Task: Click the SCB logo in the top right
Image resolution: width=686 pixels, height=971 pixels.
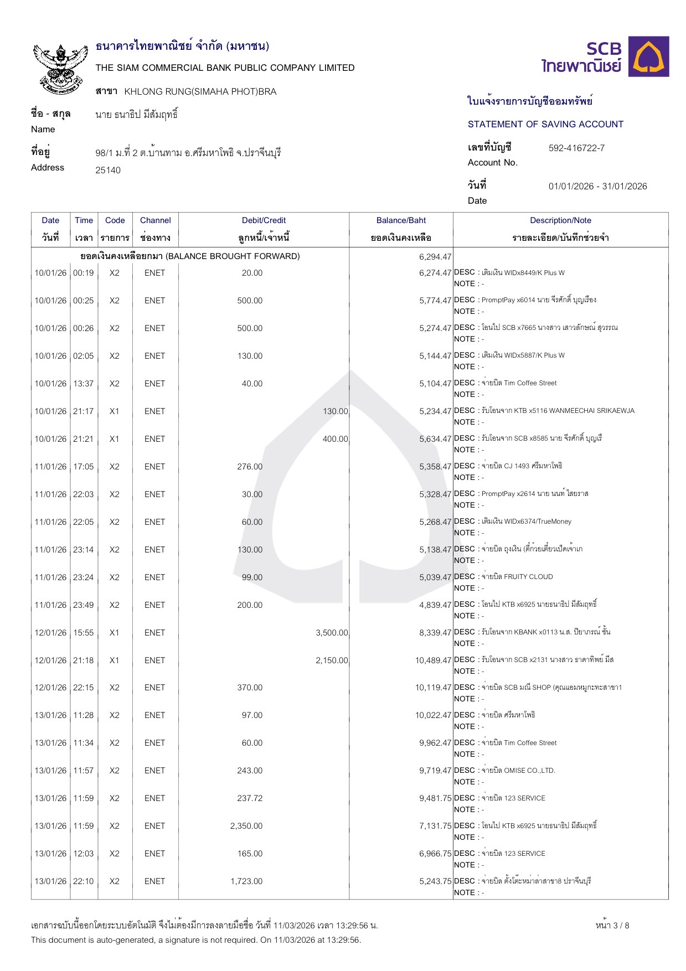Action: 605,56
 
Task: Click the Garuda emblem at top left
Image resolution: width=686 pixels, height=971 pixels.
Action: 60,68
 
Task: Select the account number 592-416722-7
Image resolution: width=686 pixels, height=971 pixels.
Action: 576,148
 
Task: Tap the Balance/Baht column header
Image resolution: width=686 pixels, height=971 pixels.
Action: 401,220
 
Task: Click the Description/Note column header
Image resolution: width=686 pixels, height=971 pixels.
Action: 560,220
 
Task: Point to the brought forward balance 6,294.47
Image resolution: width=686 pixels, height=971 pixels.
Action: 435,257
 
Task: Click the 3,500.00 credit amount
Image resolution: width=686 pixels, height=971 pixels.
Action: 332,633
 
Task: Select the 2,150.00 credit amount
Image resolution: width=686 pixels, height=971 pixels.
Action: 332,660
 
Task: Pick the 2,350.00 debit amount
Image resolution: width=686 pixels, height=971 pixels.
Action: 246,826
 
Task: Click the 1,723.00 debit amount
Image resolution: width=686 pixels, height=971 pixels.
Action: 246,881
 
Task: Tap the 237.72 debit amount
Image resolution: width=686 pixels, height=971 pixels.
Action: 250,798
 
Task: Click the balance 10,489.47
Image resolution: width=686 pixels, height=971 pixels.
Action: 433,660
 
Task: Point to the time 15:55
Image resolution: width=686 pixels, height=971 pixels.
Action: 84,633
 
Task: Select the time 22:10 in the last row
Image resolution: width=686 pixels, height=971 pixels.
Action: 84,881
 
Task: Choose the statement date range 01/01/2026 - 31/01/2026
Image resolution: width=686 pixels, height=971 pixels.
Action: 597,187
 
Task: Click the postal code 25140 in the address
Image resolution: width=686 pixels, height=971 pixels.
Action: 108,171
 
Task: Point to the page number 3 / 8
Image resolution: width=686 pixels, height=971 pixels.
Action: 612,926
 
